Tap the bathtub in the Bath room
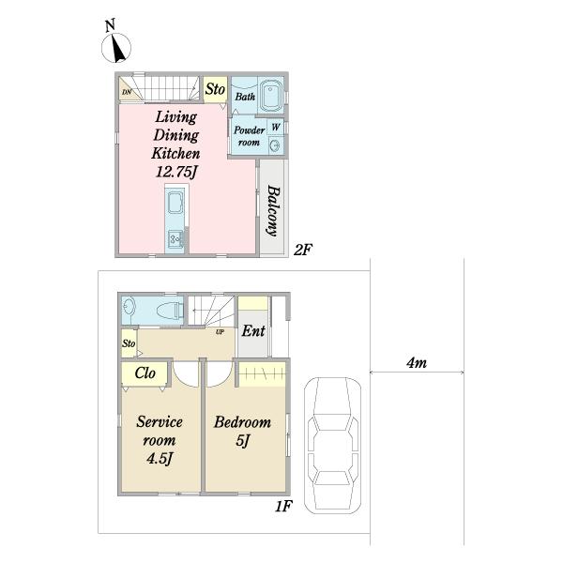(272, 96)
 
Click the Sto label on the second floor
(215, 89)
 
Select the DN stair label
(127, 92)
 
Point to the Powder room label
(250, 136)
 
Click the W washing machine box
(276, 127)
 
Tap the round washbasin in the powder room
(275, 145)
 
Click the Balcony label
(273, 211)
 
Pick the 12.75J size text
(176, 172)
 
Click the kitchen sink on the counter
(175, 237)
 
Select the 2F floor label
(302, 250)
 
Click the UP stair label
(220, 332)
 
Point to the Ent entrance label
(253, 330)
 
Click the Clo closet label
(145, 373)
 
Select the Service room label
(160, 431)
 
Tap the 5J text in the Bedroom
(242, 441)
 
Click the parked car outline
(333, 446)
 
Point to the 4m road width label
(417, 363)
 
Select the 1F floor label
(283, 506)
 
